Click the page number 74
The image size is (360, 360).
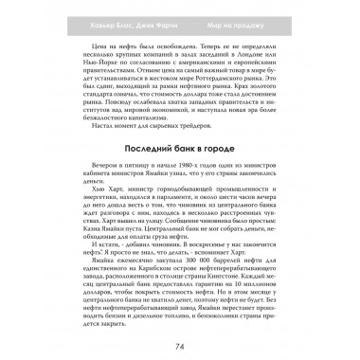tap(180, 351)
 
